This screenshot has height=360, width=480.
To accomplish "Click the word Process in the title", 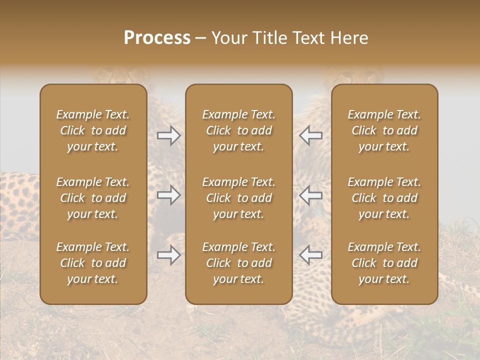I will click(x=157, y=38).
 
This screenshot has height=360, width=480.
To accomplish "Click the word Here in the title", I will click(x=350, y=38).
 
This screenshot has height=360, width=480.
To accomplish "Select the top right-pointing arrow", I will click(x=169, y=135).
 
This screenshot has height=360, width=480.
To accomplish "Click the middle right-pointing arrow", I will click(x=169, y=195).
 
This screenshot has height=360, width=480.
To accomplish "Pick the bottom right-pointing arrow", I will click(x=169, y=255).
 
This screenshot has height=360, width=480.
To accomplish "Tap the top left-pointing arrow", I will click(x=310, y=135).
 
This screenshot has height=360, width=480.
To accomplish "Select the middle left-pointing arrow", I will click(x=310, y=195).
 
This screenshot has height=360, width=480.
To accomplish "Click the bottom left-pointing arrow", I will click(x=310, y=255).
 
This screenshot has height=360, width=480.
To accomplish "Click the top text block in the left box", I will click(x=93, y=130).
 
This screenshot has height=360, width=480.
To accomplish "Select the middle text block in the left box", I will click(x=93, y=198).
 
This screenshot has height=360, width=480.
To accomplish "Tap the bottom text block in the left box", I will click(x=93, y=263).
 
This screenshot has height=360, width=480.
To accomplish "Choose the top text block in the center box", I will click(x=238, y=130).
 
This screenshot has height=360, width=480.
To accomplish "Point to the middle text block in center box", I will click(x=238, y=198).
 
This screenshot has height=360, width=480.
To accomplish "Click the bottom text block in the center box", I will click(x=238, y=263).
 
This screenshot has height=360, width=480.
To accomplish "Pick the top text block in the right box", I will click(x=384, y=130).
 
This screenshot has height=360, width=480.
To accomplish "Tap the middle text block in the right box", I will click(x=384, y=198).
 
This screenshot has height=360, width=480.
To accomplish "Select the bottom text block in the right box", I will click(x=384, y=263).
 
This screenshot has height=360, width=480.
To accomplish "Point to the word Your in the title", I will click(x=228, y=38).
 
